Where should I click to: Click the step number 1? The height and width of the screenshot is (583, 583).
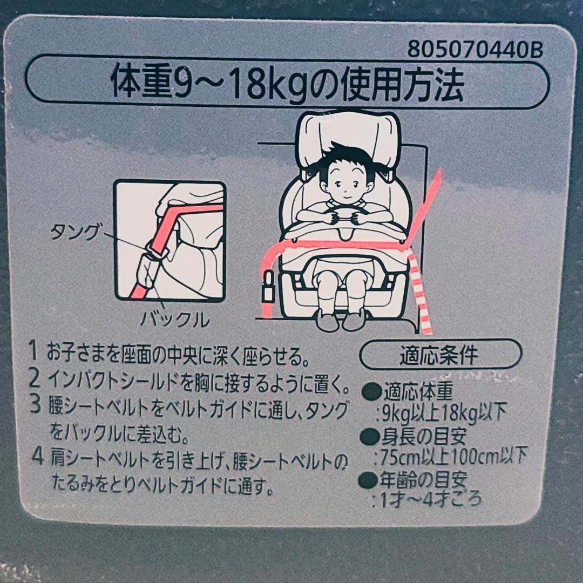(x=34, y=351)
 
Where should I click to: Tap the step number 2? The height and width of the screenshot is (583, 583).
(x=34, y=378)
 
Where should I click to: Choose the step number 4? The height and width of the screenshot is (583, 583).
(x=38, y=457)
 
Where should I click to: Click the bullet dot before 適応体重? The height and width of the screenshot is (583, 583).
(x=372, y=391)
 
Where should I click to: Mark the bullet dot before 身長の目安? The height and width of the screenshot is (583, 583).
(x=370, y=436)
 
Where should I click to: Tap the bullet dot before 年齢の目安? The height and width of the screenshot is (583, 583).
(x=368, y=480)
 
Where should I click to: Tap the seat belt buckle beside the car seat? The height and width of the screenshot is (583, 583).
(x=268, y=286)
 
